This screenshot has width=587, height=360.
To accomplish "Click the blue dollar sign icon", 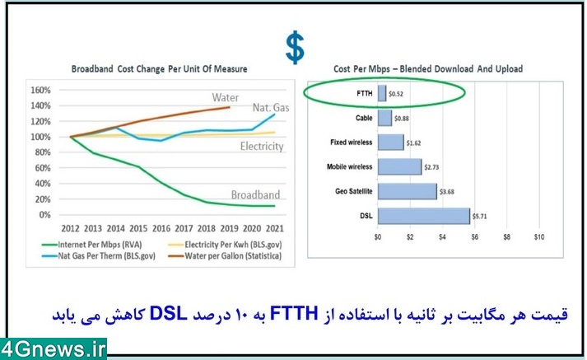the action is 295,47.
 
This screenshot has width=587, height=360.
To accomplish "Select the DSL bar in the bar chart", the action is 424,216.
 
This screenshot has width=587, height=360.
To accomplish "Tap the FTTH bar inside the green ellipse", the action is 382,93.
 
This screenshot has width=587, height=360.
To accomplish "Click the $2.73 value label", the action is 431,167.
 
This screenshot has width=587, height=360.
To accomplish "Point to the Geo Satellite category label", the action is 354,191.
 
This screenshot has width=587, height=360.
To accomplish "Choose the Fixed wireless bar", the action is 391,143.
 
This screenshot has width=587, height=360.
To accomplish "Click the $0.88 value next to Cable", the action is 401,119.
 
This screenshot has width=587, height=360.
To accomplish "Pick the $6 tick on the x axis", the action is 474,237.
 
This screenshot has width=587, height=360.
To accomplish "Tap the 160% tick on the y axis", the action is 40,90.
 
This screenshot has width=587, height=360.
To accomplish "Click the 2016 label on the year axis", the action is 161,228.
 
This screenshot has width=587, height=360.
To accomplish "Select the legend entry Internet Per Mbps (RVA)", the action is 91,245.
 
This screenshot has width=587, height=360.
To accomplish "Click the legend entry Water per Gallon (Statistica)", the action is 225,256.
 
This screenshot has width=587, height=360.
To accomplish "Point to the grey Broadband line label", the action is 255,194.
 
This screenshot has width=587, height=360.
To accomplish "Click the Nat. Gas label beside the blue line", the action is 271,108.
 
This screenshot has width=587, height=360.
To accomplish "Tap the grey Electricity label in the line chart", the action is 262,146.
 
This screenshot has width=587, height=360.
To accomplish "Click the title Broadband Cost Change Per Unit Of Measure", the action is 160,69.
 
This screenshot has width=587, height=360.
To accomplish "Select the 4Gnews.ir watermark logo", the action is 54,349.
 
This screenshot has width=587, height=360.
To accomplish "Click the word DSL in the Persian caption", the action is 168,314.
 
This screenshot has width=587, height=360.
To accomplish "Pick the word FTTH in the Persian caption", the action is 294,314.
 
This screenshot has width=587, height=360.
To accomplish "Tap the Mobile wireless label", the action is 350,166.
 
